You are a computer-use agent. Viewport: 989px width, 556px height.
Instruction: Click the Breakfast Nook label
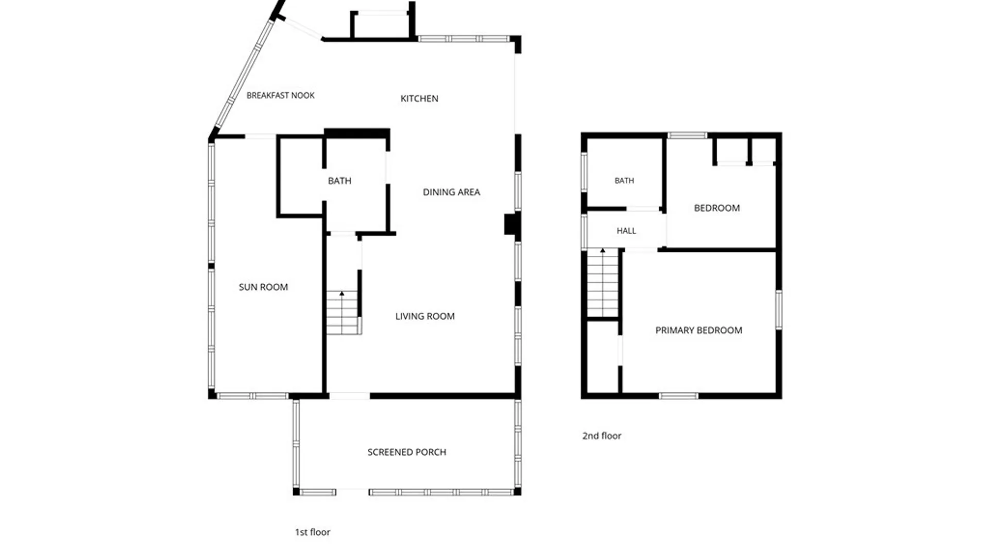point(280,95)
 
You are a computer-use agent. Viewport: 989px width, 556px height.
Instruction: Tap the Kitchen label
point(419,98)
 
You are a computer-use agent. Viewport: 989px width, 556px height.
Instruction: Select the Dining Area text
point(451,192)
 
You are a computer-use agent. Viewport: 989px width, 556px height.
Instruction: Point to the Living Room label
point(425,316)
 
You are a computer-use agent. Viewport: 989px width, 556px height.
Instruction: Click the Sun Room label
point(263,287)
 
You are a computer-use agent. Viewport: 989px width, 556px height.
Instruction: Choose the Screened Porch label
point(407,452)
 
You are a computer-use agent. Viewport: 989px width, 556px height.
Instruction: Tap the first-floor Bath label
point(339,181)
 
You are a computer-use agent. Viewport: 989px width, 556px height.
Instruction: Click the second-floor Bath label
point(624,181)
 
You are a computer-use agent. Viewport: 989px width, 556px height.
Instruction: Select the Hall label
point(626,231)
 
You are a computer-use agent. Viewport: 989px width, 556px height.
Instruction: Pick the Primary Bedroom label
point(698,330)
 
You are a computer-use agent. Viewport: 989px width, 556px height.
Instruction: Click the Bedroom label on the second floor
point(717,208)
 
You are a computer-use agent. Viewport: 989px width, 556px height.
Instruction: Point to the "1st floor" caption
point(312,532)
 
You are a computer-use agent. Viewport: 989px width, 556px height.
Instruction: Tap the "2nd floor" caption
point(602,436)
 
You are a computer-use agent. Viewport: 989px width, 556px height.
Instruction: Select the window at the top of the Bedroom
point(687,135)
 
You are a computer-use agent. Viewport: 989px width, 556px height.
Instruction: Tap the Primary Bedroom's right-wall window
point(779,309)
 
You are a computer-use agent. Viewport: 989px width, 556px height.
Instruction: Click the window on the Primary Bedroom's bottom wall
point(678,396)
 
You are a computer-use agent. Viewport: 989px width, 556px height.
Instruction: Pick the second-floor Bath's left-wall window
point(584,172)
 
